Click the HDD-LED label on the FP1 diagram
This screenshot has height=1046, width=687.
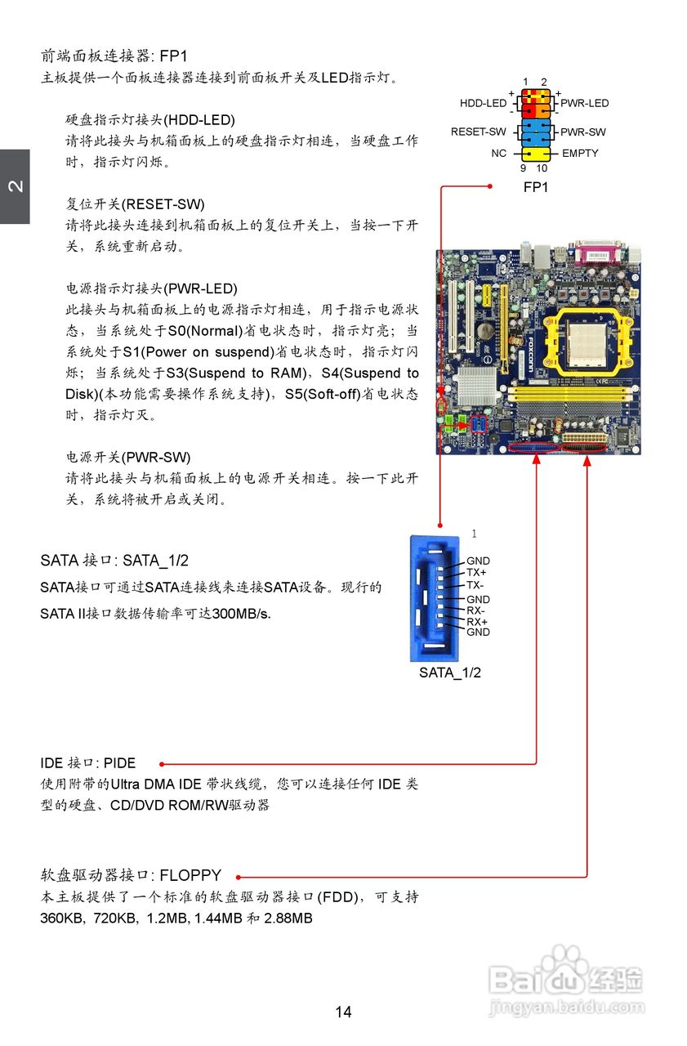click(483, 104)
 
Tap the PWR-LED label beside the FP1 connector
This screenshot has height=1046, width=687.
click(584, 104)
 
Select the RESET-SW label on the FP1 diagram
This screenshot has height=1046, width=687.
click(479, 132)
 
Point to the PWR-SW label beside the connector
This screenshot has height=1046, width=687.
click(583, 132)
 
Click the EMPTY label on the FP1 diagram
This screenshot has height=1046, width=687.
click(580, 153)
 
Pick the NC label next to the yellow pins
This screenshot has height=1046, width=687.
click(498, 153)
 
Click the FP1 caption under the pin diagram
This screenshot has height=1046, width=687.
click(536, 187)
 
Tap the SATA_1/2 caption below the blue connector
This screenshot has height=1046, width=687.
click(450, 673)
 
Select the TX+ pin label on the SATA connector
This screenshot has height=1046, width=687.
click(476, 573)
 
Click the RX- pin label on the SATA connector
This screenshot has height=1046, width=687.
click(476, 610)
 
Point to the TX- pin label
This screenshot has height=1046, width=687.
click(475, 585)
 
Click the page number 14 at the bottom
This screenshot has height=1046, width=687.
click(343, 1012)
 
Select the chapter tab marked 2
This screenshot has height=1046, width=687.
click(15, 186)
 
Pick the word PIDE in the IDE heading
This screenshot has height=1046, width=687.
click(119, 763)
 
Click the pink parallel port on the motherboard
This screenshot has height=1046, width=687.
click(601, 254)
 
